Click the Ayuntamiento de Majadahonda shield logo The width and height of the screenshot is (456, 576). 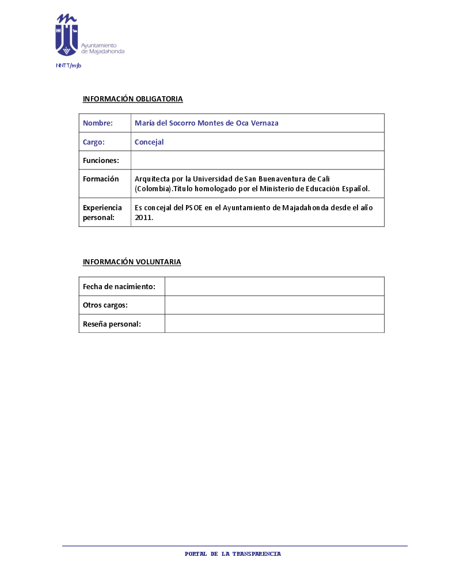[x=66, y=35]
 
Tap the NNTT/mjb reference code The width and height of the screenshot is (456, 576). [x=69, y=66]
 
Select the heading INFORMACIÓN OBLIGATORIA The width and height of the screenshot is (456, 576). [x=132, y=99]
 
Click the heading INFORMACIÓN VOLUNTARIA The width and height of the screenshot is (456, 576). [x=132, y=262]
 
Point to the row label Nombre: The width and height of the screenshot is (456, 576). [x=98, y=123]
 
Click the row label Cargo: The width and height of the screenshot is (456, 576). [x=94, y=142]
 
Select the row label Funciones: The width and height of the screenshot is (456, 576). [x=101, y=161]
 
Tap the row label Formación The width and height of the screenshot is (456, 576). [x=101, y=179]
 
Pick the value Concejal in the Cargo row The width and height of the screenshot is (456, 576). [x=149, y=142]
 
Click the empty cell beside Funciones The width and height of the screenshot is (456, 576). [x=257, y=160]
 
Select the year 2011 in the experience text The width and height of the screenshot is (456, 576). [x=143, y=218]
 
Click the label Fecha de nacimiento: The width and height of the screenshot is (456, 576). [x=119, y=287]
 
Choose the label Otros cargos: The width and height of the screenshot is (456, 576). [x=105, y=305]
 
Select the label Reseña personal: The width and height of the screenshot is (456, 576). [x=112, y=324]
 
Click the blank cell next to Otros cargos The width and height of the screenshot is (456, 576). [x=274, y=305]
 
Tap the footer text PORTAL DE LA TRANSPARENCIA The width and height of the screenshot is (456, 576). [x=233, y=554]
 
